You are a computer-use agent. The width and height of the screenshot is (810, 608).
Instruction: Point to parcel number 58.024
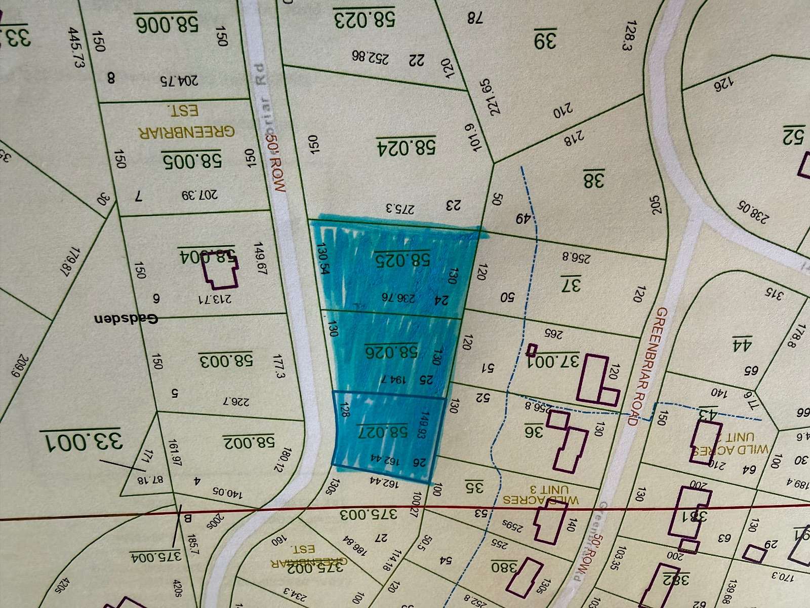[406, 147]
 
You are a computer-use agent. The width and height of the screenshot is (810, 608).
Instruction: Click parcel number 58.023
[364, 20]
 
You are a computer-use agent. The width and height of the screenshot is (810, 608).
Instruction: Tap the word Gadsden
[126, 319]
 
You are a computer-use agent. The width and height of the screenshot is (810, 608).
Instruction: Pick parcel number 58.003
[225, 361]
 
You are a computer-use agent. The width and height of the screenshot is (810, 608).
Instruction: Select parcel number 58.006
[166, 23]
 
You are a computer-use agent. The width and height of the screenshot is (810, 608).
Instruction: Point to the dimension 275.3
[400, 208]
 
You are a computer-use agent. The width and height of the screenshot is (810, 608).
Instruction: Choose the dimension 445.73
[76, 48]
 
